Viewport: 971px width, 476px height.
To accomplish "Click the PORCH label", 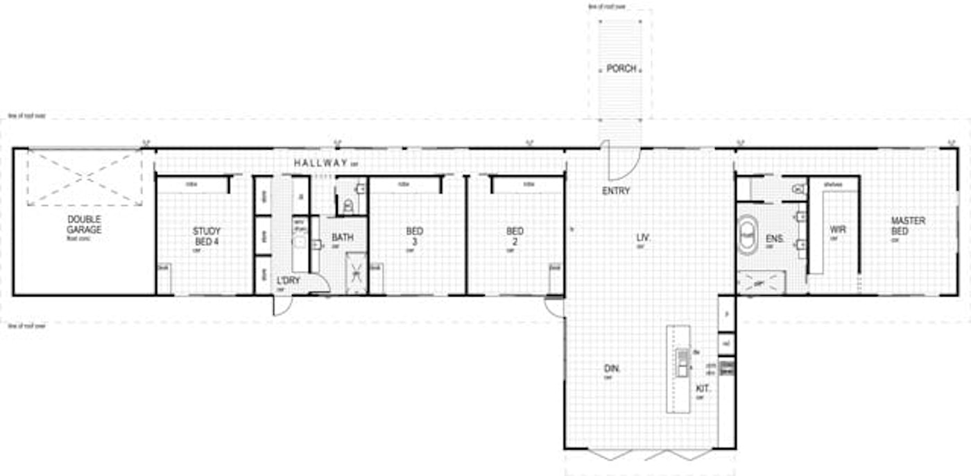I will (x=621, y=69).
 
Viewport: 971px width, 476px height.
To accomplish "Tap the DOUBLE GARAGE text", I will (x=84, y=224).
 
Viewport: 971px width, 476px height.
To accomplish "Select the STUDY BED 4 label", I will (x=207, y=236).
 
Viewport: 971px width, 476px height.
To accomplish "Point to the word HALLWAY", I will (x=320, y=163).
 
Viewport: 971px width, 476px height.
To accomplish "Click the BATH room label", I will (x=342, y=237).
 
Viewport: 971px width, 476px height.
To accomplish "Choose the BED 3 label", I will (x=415, y=236).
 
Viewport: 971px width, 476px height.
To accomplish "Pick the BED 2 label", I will (x=515, y=236).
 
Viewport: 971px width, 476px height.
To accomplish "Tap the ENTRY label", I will (x=616, y=191).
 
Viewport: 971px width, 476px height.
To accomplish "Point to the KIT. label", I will (x=703, y=389).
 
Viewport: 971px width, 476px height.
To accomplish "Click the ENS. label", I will (x=774, y=239).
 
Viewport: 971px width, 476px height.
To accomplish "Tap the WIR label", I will (x=837, y=229).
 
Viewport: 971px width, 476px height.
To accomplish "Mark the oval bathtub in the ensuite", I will (x=747, y=236).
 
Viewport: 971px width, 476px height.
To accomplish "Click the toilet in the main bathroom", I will (x=349, y=205).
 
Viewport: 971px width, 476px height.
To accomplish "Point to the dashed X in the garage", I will (x=85, y=177).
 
